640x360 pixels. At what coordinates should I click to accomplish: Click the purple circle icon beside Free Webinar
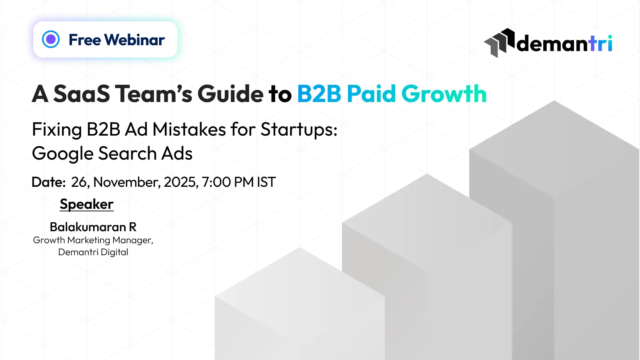50,39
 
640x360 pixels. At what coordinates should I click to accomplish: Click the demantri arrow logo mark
499,43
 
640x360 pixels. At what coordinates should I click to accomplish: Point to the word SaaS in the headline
82,94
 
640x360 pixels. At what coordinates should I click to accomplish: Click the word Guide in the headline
230,93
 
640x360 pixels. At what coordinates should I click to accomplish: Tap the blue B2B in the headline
319,94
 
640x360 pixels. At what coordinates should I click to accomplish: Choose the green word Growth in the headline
444,94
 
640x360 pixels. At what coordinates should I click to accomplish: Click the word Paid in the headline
371,93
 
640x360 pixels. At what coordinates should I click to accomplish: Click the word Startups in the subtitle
299,130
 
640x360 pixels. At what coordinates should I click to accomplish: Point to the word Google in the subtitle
62,154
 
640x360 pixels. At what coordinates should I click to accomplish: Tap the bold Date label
48,182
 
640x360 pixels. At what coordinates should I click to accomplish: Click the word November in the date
127,182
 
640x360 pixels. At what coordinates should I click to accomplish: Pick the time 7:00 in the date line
216,182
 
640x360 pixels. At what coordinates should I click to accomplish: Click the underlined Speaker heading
86,204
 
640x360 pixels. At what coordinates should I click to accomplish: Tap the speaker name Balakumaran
88,227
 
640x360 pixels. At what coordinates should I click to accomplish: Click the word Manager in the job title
133,240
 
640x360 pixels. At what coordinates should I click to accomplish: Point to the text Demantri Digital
93,252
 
